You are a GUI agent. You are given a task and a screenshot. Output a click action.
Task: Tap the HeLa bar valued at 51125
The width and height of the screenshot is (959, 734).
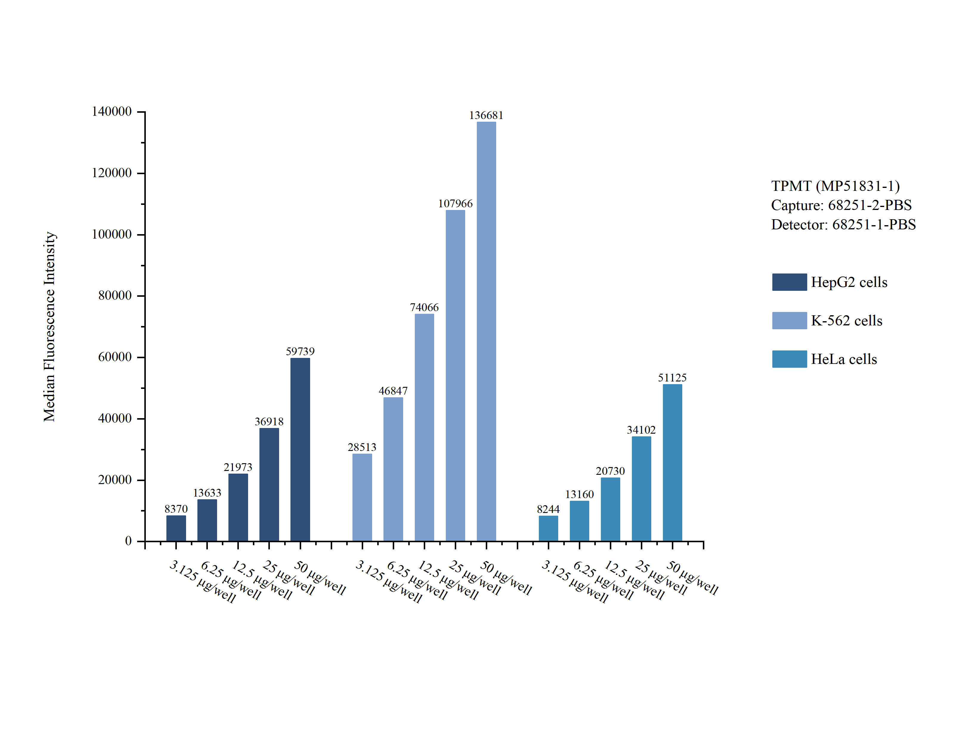[672, 463]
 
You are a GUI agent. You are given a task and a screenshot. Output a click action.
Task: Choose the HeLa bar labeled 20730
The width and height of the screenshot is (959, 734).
[610, 509]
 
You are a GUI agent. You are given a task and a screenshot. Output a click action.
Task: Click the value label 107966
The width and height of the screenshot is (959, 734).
[455, 204]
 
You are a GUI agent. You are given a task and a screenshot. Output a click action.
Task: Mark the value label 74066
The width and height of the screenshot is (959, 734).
[424, 307]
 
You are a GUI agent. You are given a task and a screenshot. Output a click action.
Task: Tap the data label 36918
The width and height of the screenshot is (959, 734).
[269, 422]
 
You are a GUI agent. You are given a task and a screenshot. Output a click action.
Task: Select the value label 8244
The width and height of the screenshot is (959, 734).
[548, 509]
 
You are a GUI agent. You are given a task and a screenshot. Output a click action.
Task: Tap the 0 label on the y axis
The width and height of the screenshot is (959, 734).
[129, 541]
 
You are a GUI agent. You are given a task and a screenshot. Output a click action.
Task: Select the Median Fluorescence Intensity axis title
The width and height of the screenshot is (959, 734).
[50, 327]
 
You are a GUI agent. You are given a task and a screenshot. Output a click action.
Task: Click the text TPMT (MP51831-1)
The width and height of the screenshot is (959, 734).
[836, 186]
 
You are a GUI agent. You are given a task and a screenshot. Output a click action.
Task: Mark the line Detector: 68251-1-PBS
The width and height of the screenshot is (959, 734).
[843, 225]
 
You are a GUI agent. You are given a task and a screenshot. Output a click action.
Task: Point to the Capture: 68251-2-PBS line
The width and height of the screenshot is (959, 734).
[841, 205]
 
